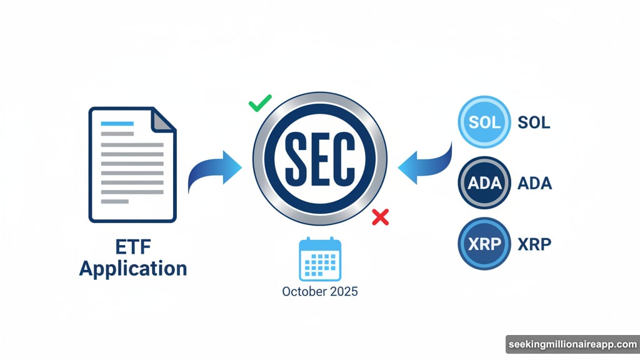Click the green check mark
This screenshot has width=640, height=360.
click(x=259, y=103)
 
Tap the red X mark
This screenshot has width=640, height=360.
click(x=380, y=217)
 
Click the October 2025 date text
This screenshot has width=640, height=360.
click(x=320, y=292)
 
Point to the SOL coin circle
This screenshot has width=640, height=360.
click(x=484, y=122)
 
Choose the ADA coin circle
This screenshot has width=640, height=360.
click(x=484, y=183)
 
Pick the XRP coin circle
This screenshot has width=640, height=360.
click(x=484, y=244)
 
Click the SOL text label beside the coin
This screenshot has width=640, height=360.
click(x=534, y=122)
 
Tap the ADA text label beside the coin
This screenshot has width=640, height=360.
click(x=535, y=184)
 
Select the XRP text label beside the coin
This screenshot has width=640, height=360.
click(x=535, y=244)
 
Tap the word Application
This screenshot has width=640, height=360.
click(x=133, y=269)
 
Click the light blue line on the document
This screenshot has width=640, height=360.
click(x=117, y=123)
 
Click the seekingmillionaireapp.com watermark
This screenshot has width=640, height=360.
click(x=571, y=345)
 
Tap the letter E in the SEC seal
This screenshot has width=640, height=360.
click(x=319, y=159)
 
